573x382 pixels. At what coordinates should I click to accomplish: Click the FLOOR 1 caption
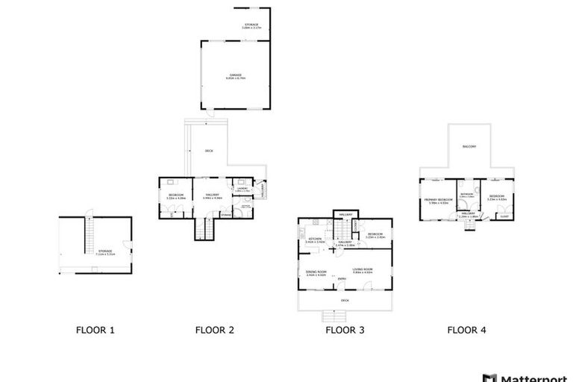[95, 329]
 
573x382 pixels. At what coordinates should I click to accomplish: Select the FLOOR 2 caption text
[215, 329]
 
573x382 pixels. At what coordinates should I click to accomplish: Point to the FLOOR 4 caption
[467, 329]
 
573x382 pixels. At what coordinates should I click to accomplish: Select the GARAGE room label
[235, 75]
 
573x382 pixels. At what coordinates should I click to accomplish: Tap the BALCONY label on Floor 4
[469, 146]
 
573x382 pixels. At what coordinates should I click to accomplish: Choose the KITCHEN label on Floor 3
[315, 239]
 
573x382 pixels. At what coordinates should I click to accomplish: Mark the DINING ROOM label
[316, 273]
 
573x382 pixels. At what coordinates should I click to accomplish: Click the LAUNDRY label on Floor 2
[242, 190]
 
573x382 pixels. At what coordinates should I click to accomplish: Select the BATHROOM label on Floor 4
[467, 195]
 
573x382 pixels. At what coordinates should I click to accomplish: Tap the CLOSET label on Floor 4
[504, 216]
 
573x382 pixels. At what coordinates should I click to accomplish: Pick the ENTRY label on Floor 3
[341, 279]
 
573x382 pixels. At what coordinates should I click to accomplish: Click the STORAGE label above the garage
[251, 25]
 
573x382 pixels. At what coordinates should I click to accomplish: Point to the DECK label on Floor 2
[210, 151]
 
